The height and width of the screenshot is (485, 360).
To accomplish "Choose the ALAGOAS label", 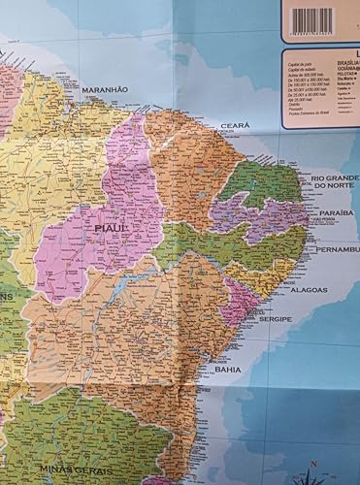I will click(308, 289).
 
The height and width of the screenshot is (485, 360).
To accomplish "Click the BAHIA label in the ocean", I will click(228, 369).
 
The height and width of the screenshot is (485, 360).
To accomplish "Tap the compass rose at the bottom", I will click(311, 475).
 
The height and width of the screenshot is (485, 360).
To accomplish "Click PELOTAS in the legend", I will click(346, 75).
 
